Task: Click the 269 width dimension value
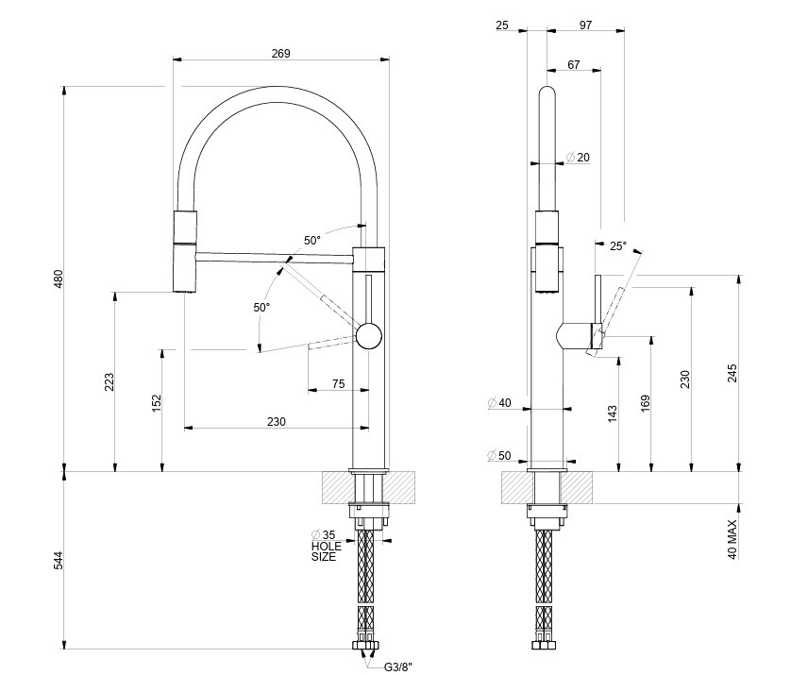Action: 280,54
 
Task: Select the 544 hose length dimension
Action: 58,560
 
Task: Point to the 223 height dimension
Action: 109,381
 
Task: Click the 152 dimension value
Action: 157,403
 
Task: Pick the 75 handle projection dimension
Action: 338,383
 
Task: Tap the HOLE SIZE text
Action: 325,551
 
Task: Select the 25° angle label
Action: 617,246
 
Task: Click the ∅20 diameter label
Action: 578,158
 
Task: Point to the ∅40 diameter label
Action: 499,404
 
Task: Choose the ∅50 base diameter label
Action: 499,456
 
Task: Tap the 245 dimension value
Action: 732,375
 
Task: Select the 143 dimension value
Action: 613,413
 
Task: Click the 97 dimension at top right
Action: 585,25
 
